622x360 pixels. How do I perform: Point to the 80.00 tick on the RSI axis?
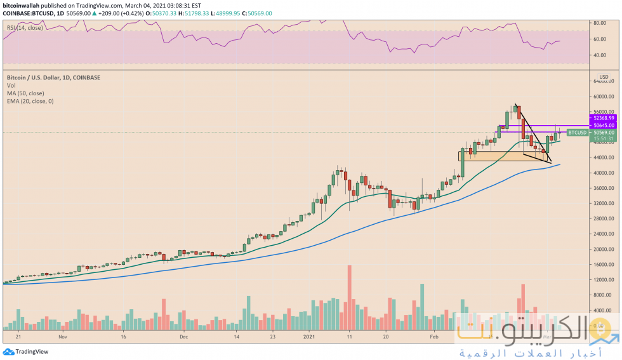(600, 23)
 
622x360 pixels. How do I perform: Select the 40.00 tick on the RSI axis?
(600, 55)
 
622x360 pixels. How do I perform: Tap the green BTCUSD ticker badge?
(576, 133)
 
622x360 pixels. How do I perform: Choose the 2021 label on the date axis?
(309, 338)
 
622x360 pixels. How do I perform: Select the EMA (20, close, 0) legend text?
(35, 100)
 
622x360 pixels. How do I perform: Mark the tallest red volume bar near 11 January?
(349, 298)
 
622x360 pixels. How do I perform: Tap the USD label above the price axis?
(604, 76)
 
